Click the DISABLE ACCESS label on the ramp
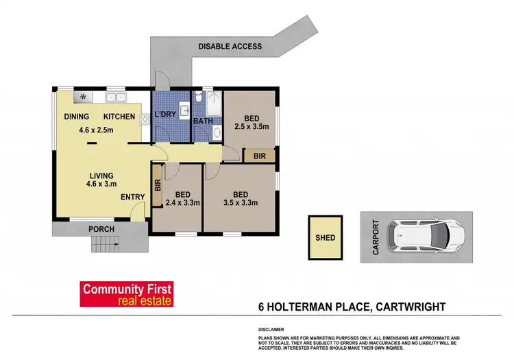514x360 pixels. pyautogui.click(x=230, y=47)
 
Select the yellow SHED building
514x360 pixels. pyautogui.click(x=325, y=238)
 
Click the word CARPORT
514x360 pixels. pyautogui.click(x=375, y=237)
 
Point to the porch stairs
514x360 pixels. pyautogui.click(x=104, y=243)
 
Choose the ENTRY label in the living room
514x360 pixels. pyautogui.click(x=132, y=197)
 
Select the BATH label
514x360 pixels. pyautogui.click(x=203, y=121)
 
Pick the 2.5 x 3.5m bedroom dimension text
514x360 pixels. pyautogui.click(x=250, y=126)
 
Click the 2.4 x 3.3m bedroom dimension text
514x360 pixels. pyautogui.click(x=183, y=202)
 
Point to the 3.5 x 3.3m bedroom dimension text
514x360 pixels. pyautogui.click(x=239, y=202)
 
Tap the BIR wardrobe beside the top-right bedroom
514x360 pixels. pyautogui.click(x=259, y=156)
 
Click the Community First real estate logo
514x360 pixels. pyautogui.click(x=127, y=293)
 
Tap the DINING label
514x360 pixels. pyautogui.click(x=77, y=117)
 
